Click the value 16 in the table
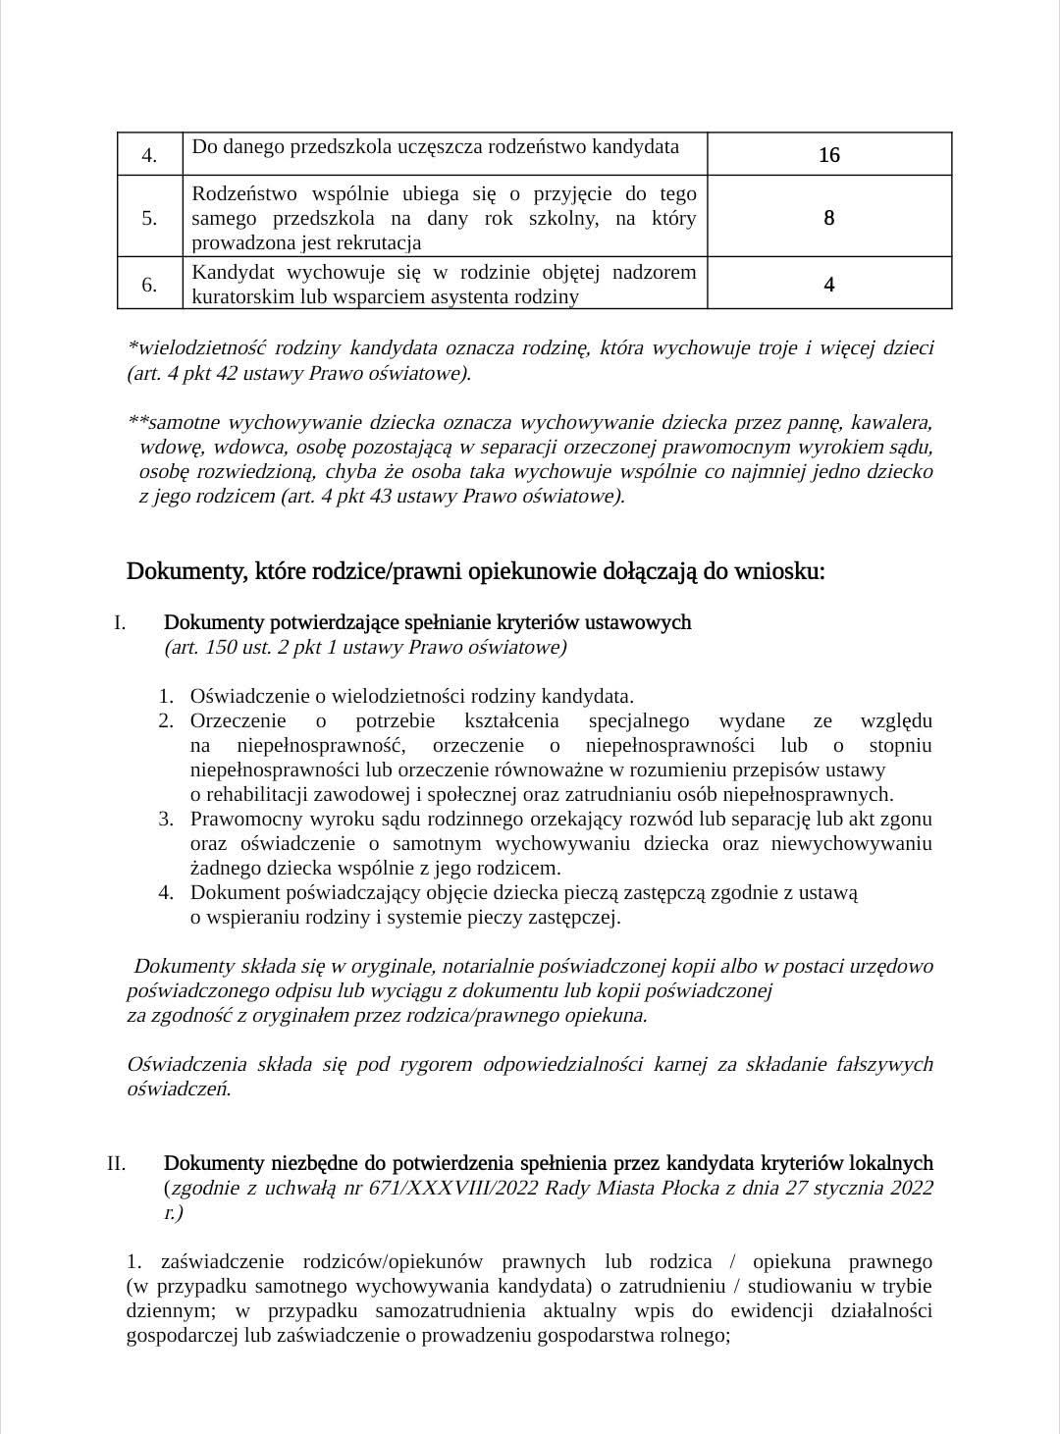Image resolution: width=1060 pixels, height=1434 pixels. (x=829, y=155)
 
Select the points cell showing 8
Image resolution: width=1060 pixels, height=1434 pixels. (x=829, y=218)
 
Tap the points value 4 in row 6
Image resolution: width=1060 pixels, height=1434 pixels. (x=829, y=285)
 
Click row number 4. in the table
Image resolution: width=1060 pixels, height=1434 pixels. (x=150, y=156)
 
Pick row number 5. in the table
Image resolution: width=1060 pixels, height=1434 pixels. (x=150, y=218)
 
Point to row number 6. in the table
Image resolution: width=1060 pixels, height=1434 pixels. (x=150, y=285)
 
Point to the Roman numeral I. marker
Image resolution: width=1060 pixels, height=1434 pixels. (x=120, y=622)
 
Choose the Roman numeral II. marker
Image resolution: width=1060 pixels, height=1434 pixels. (x=117, y=1163)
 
